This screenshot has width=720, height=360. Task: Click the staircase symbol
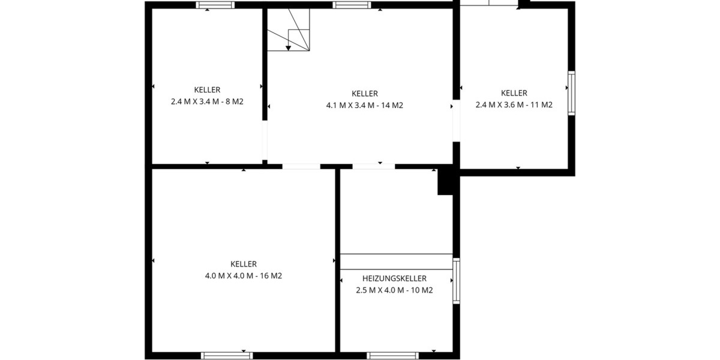pos(289,30)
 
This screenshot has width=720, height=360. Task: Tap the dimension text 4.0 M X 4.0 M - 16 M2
pos(244,276)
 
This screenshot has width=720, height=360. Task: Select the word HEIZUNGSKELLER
pos(394,278)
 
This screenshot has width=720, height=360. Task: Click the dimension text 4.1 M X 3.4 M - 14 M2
pos(364,106)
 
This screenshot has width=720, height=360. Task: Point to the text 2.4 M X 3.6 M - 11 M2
pos(514,105)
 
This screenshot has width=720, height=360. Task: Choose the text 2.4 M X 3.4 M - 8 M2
pos(207,102)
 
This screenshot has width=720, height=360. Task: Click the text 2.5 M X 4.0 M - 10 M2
pos(394,290)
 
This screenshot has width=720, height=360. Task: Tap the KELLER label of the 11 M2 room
pos(514,93)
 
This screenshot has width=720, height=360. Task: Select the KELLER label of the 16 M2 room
pos(244,264)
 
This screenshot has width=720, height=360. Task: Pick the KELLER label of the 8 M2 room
pos(207,90)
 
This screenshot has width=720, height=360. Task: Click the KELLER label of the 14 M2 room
pos(364,94)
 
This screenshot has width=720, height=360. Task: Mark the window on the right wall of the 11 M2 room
pos(571,93)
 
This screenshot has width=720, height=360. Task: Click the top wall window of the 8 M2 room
pos(215,5)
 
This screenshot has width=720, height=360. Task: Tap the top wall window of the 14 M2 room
pos(352,5)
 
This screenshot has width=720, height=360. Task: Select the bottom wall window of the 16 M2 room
pos(227,355)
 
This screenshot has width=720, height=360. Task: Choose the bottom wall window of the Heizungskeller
pos(392,355)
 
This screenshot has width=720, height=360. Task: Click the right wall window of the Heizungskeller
pos(456,280)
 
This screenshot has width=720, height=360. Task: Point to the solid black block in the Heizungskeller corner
pos(445,181)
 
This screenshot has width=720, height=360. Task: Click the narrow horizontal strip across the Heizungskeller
pos(396,262)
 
